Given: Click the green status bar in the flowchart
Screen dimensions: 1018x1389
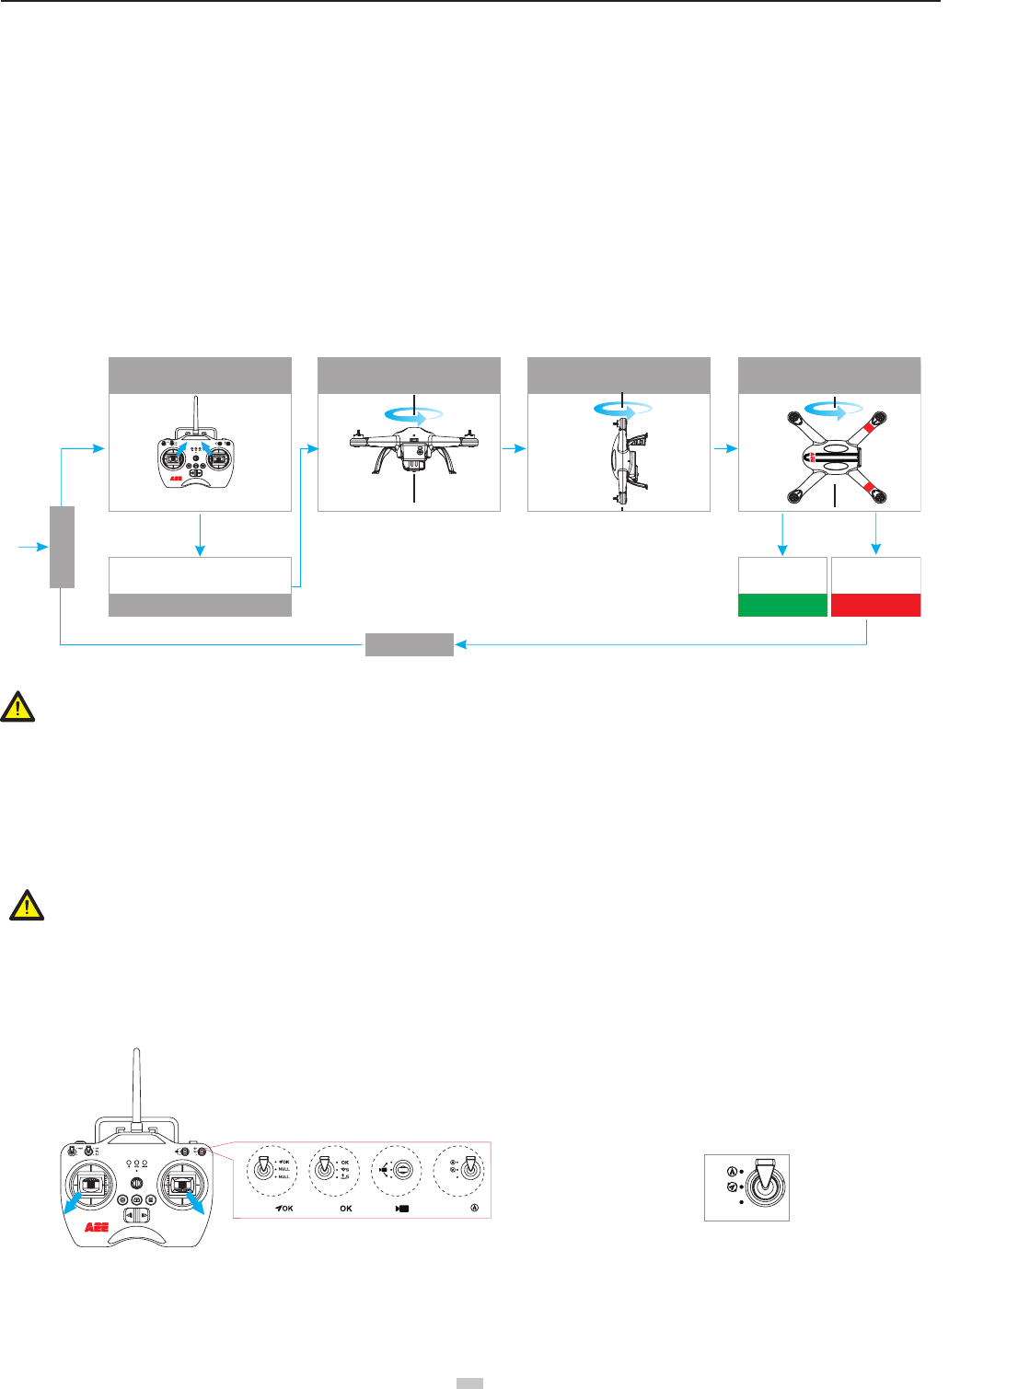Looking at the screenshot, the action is point(782,605).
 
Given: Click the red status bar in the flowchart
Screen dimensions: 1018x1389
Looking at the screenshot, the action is point(875,605).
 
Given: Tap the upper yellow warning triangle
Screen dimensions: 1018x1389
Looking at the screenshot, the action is point(17,706).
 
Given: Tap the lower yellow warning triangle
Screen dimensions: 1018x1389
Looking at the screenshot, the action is point(27,906).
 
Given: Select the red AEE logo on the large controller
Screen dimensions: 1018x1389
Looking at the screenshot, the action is point(98,1227).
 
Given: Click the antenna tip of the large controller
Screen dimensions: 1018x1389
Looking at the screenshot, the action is point(135,1052).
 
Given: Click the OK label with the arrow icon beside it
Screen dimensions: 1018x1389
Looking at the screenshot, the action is point(283,1209).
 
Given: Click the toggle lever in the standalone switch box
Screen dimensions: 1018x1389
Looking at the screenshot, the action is point(761,1184).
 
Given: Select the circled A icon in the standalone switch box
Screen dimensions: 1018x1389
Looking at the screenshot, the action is point(732,1172).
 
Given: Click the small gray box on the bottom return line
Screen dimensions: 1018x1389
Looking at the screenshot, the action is point(410,644).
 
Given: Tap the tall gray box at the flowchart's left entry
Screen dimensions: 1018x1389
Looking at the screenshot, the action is point(62,547).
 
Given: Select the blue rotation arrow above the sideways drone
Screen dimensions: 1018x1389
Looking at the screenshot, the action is point(623,410).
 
